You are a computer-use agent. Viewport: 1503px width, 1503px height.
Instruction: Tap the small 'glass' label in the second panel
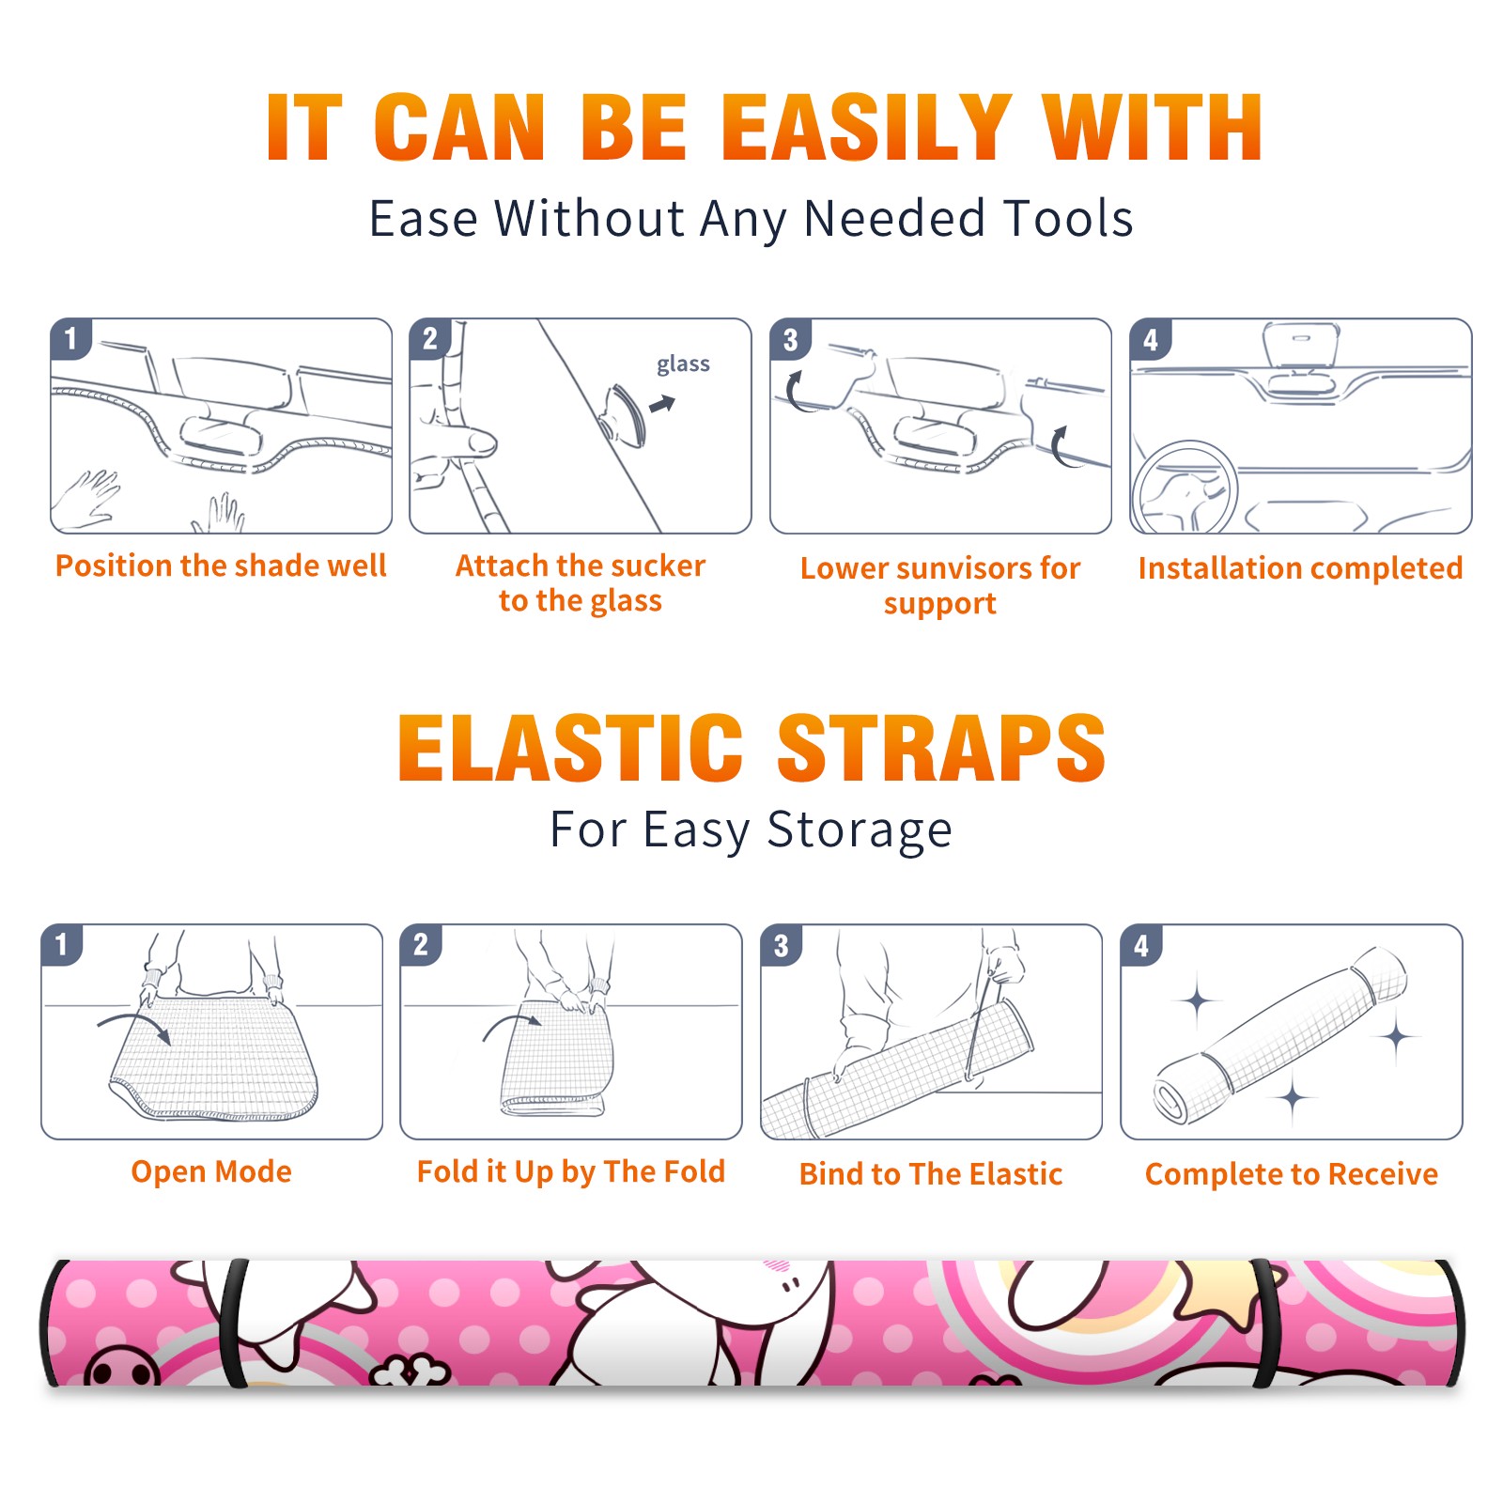pos(683,364)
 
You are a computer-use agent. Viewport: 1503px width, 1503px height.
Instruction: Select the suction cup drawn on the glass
pos(625,414)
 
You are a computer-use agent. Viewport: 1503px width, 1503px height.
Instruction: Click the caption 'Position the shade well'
pos(221,566)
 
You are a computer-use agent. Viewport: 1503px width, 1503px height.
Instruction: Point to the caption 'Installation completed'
pos(1300,568)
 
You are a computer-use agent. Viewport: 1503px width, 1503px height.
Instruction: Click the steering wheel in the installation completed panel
pos(1185,488)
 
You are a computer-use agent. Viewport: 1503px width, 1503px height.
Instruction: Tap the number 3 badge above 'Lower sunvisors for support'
pos(790,340)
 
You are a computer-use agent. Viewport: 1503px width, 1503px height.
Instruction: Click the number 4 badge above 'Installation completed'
pos(1151,340)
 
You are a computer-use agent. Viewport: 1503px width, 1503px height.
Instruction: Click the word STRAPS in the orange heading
pos(941,748)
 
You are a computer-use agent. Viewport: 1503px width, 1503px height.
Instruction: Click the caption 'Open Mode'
pos(211,1171)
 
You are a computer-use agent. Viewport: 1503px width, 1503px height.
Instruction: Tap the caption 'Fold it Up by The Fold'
pos(571,1171)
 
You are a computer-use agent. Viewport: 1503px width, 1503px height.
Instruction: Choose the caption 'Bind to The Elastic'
pos(931,1174)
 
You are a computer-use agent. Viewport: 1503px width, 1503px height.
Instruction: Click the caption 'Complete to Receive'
pos(1292,1174)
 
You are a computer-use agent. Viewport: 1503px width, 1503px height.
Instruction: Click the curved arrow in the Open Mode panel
pos(134,1016)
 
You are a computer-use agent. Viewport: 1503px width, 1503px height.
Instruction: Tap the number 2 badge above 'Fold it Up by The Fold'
pos(421,945)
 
